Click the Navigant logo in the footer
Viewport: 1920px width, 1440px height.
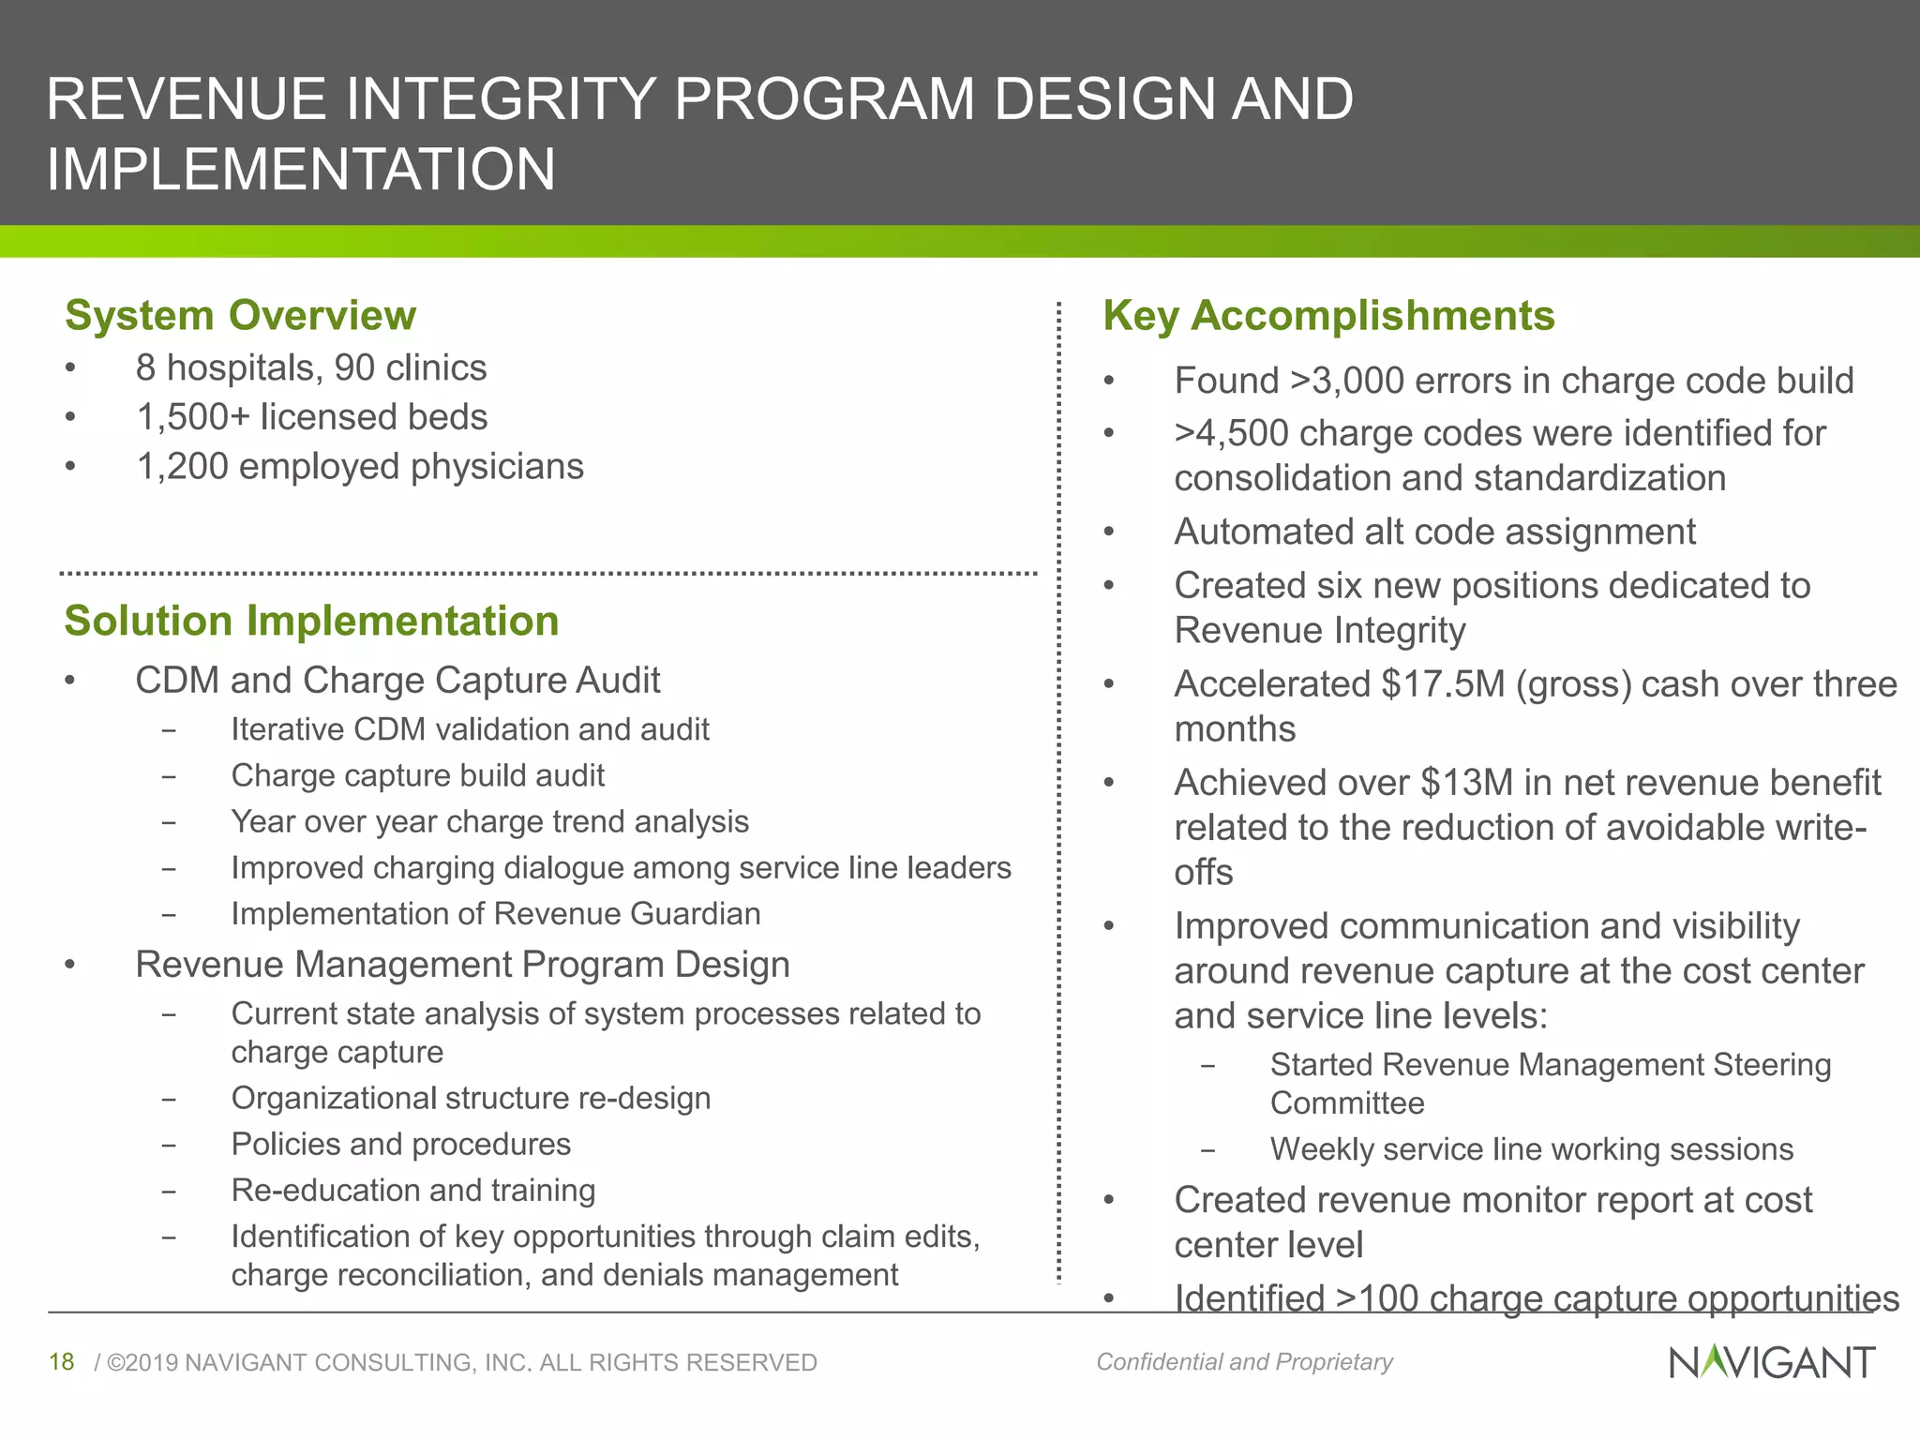[1771, 1361]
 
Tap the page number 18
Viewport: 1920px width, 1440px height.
[61, 1361]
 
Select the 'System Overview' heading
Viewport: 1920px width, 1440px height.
[240, 315]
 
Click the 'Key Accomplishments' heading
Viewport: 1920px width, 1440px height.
[1328, 315]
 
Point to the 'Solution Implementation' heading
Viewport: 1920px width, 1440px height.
[311, 621]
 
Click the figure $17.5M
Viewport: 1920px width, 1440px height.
[1443, 683]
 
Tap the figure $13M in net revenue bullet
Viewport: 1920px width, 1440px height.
[1467, 782]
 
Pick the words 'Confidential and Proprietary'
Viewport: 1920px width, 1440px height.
[1244, 1361]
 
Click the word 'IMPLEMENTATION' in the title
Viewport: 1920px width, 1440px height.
[301, 170]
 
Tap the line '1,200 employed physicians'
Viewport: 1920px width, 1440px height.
[360, 466]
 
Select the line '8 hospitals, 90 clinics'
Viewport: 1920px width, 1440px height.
[311, 367]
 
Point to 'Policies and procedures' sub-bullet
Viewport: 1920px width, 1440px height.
[400, 1144]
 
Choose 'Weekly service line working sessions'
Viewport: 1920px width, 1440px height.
[1531, 1148]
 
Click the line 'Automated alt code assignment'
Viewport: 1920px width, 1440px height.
[1434, 532]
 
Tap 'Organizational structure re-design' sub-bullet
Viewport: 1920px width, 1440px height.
[471, 1098]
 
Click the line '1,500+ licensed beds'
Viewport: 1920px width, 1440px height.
[311, 417]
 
